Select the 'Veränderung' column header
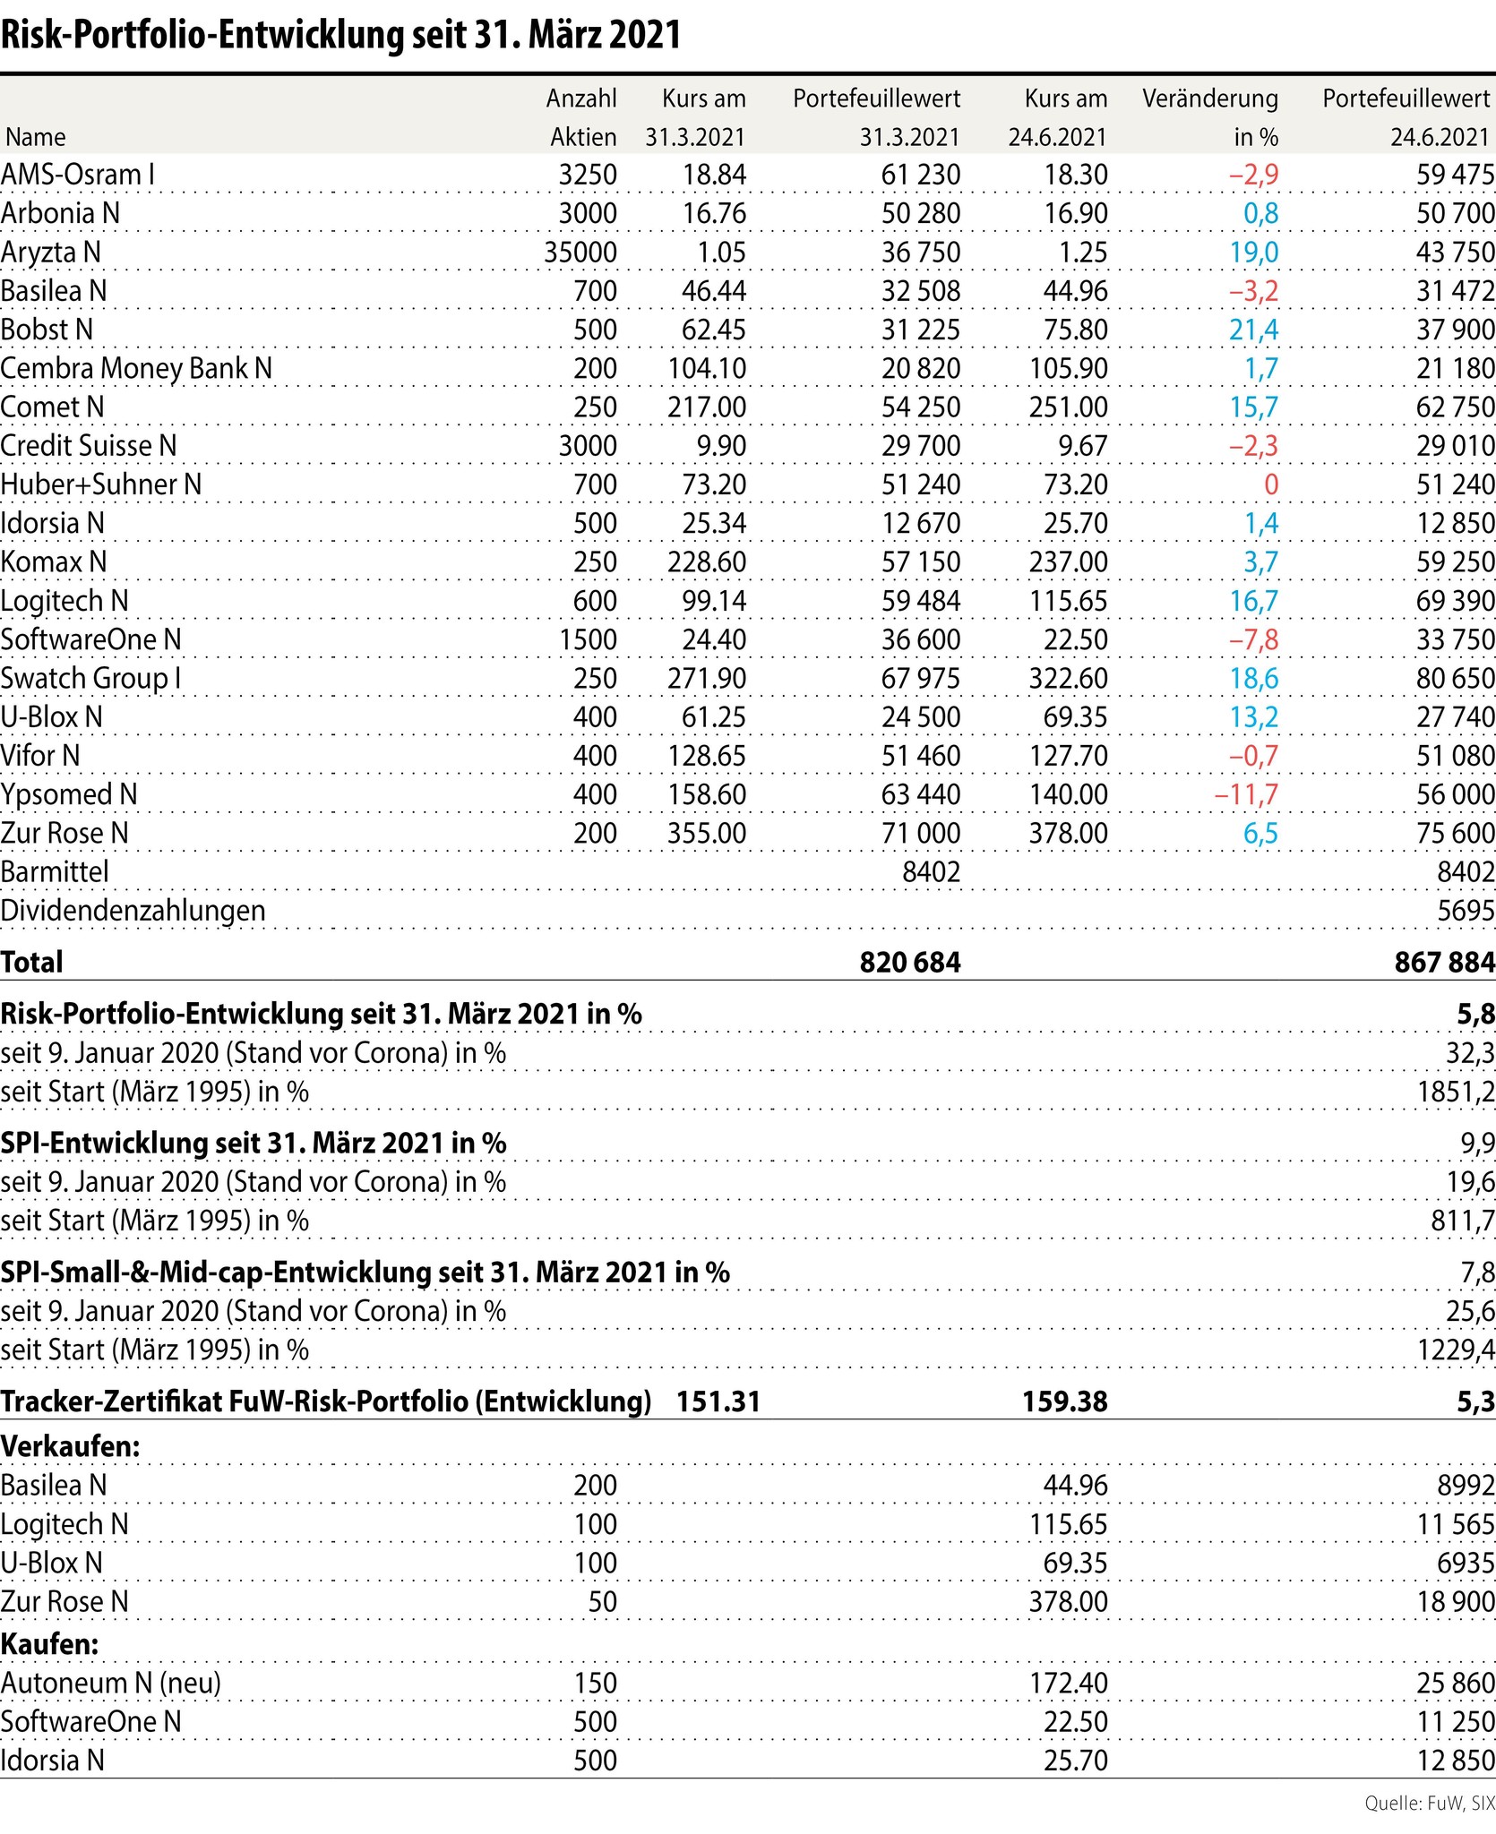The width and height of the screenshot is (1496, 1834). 1209,99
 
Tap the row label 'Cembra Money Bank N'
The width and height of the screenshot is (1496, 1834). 136,368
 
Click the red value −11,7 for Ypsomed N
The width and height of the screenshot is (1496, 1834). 1246,794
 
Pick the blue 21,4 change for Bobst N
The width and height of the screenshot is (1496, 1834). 1253,330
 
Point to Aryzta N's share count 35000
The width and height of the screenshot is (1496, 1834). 580,253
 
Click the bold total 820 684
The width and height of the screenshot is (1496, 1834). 910,962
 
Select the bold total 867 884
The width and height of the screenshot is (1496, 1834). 1444,962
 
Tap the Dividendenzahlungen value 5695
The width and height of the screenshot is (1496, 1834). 1466,911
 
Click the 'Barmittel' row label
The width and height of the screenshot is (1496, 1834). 55,871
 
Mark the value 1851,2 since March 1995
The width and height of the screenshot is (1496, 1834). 1456,1092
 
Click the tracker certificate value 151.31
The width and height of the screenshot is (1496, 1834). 718,1401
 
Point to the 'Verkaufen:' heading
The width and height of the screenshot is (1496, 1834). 71,1446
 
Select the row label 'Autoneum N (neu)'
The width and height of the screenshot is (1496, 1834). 111,1683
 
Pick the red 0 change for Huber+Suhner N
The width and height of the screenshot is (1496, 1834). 1270,484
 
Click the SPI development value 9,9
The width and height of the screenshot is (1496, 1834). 1477,1143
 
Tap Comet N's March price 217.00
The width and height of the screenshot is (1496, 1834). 707,407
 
